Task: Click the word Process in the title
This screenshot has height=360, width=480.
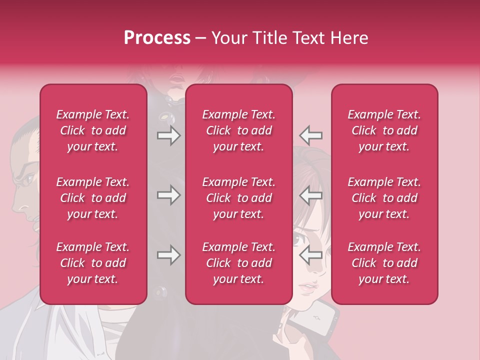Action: (157, 38)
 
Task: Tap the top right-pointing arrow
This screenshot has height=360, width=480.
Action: (168, 135)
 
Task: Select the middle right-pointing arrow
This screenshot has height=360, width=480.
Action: (168, 195)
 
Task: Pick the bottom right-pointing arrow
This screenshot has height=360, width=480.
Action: (168, 255)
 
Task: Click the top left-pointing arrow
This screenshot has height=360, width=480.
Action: (310, 135)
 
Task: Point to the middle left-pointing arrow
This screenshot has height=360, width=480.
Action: (310, 195)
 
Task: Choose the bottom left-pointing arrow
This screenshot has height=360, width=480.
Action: (310, 255)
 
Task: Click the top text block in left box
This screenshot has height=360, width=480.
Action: (93, 130)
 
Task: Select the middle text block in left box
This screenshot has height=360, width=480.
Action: (93, 198)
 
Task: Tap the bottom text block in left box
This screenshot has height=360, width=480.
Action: (93, 263)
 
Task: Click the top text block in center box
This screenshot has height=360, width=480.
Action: (238, 130)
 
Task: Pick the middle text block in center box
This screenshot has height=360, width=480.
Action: (238, 198)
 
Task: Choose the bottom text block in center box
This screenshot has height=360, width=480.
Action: (238, 263)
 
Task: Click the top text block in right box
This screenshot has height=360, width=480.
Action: (384, 130)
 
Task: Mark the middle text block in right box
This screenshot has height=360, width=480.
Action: (384, 198)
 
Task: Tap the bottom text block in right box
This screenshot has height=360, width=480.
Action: (384, 263)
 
